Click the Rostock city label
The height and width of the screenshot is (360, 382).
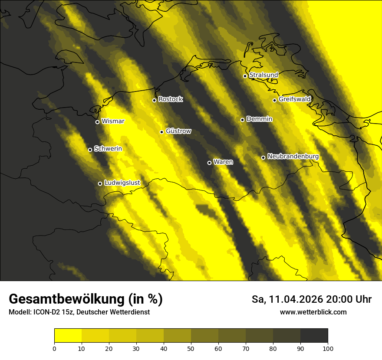(171, 99)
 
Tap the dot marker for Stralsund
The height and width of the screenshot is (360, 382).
(245, 76)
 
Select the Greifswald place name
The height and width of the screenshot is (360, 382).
(295, 99)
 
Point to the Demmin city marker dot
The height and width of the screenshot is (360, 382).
(242, 120)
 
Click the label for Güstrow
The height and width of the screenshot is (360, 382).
(178, 131)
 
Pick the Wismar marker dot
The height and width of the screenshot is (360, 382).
(97, 122)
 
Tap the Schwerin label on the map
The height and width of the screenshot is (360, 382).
(108, 149)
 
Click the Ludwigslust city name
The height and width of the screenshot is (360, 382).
(122, 183)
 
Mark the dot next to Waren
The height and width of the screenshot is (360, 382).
(209, 163)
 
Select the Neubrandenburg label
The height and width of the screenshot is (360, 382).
(293, 157)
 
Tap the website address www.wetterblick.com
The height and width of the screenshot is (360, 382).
(313, 312)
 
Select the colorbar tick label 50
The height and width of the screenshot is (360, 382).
(191, 348)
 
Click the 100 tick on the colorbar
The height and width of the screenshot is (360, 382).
(328, 348)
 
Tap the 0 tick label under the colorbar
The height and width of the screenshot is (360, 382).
(54, 348)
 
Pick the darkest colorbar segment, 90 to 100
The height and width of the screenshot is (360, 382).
(314, 336)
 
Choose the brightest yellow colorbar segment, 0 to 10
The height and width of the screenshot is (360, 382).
(68, 336)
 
